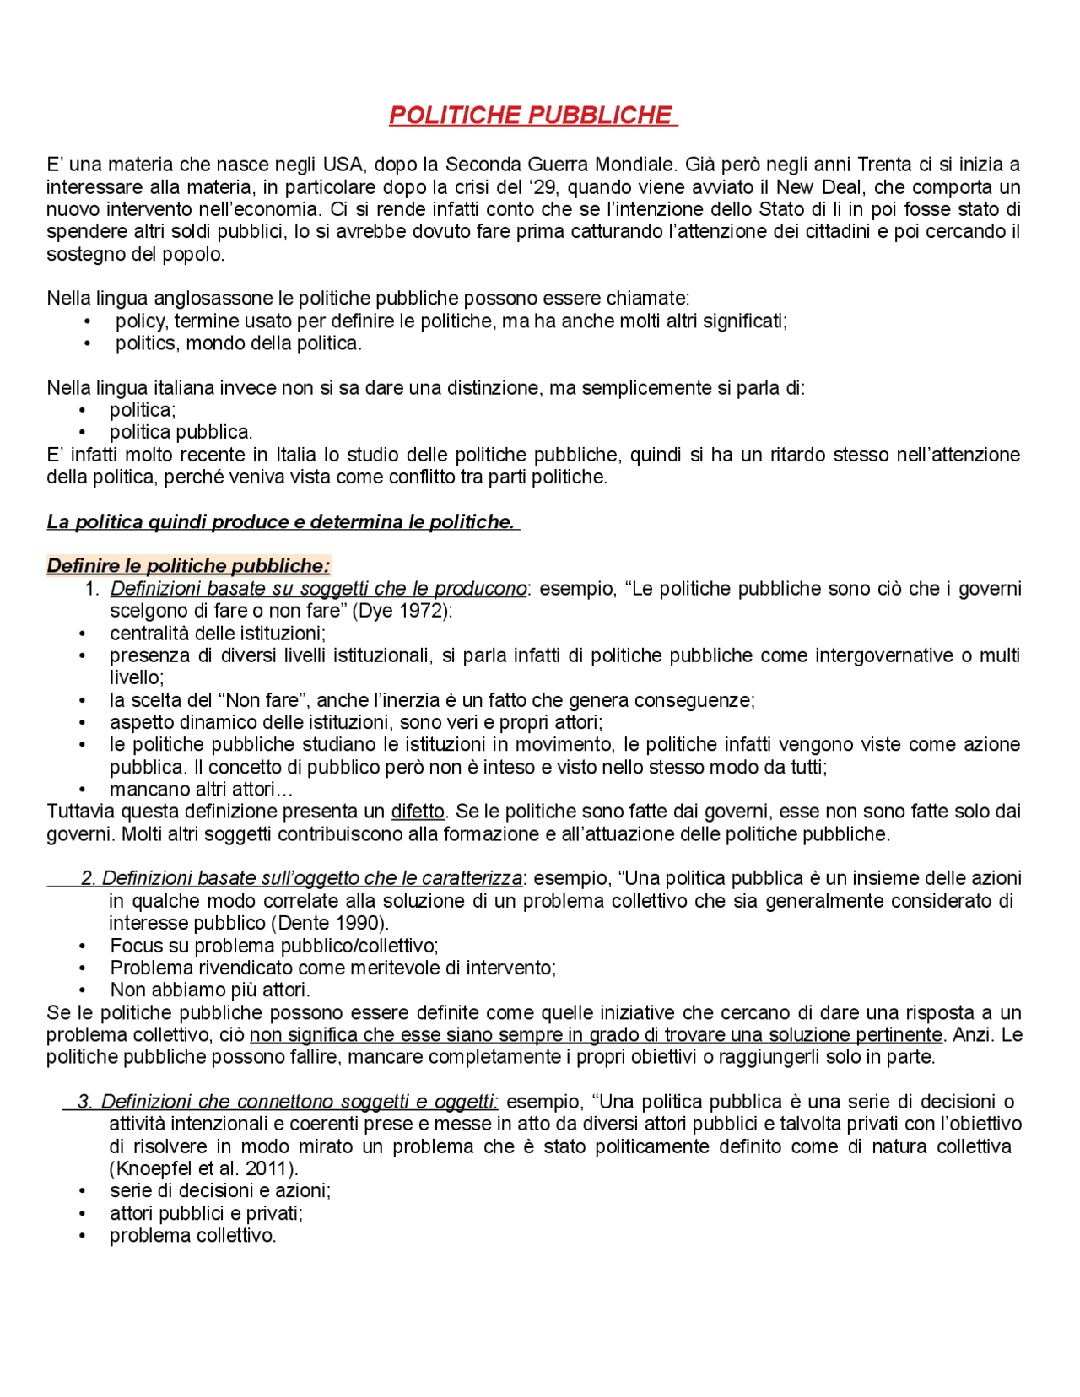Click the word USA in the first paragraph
point(343,165)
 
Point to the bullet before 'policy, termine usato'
point(88,321)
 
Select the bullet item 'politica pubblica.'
point(181,433)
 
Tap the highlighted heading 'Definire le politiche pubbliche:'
point(188,566)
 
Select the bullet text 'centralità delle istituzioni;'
point(218,634)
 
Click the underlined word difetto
point(418,812)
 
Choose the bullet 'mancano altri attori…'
point(201,790)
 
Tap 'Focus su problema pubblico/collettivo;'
point(274,946)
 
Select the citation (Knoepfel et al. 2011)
point(203,1169)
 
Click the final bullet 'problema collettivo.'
point(192,1236)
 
